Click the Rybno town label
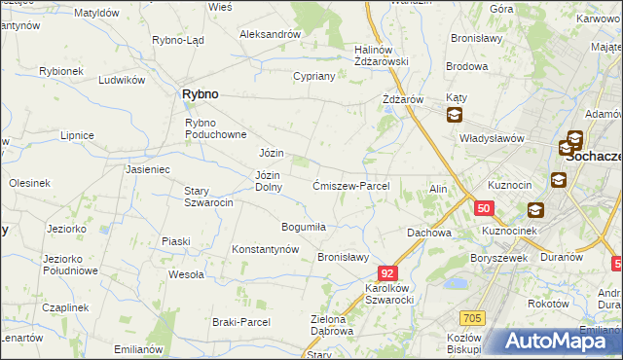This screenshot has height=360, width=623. [200, 94]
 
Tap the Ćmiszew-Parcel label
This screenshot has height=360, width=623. [351, 186]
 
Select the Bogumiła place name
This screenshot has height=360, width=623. [303, 227]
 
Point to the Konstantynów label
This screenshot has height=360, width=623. [265, 249]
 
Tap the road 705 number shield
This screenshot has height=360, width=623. [472, 317]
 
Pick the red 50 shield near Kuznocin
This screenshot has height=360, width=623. [484, 207]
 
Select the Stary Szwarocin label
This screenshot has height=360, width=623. [209, 197]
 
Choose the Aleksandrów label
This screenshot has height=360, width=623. [270, 33]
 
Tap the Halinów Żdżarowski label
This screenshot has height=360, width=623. [381, 55]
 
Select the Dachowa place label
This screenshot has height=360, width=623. [429, 233]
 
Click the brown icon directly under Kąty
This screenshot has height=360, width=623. [455, 116]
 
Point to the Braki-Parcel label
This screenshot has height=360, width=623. [240, 321]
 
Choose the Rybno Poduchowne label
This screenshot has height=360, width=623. [218, 127]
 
